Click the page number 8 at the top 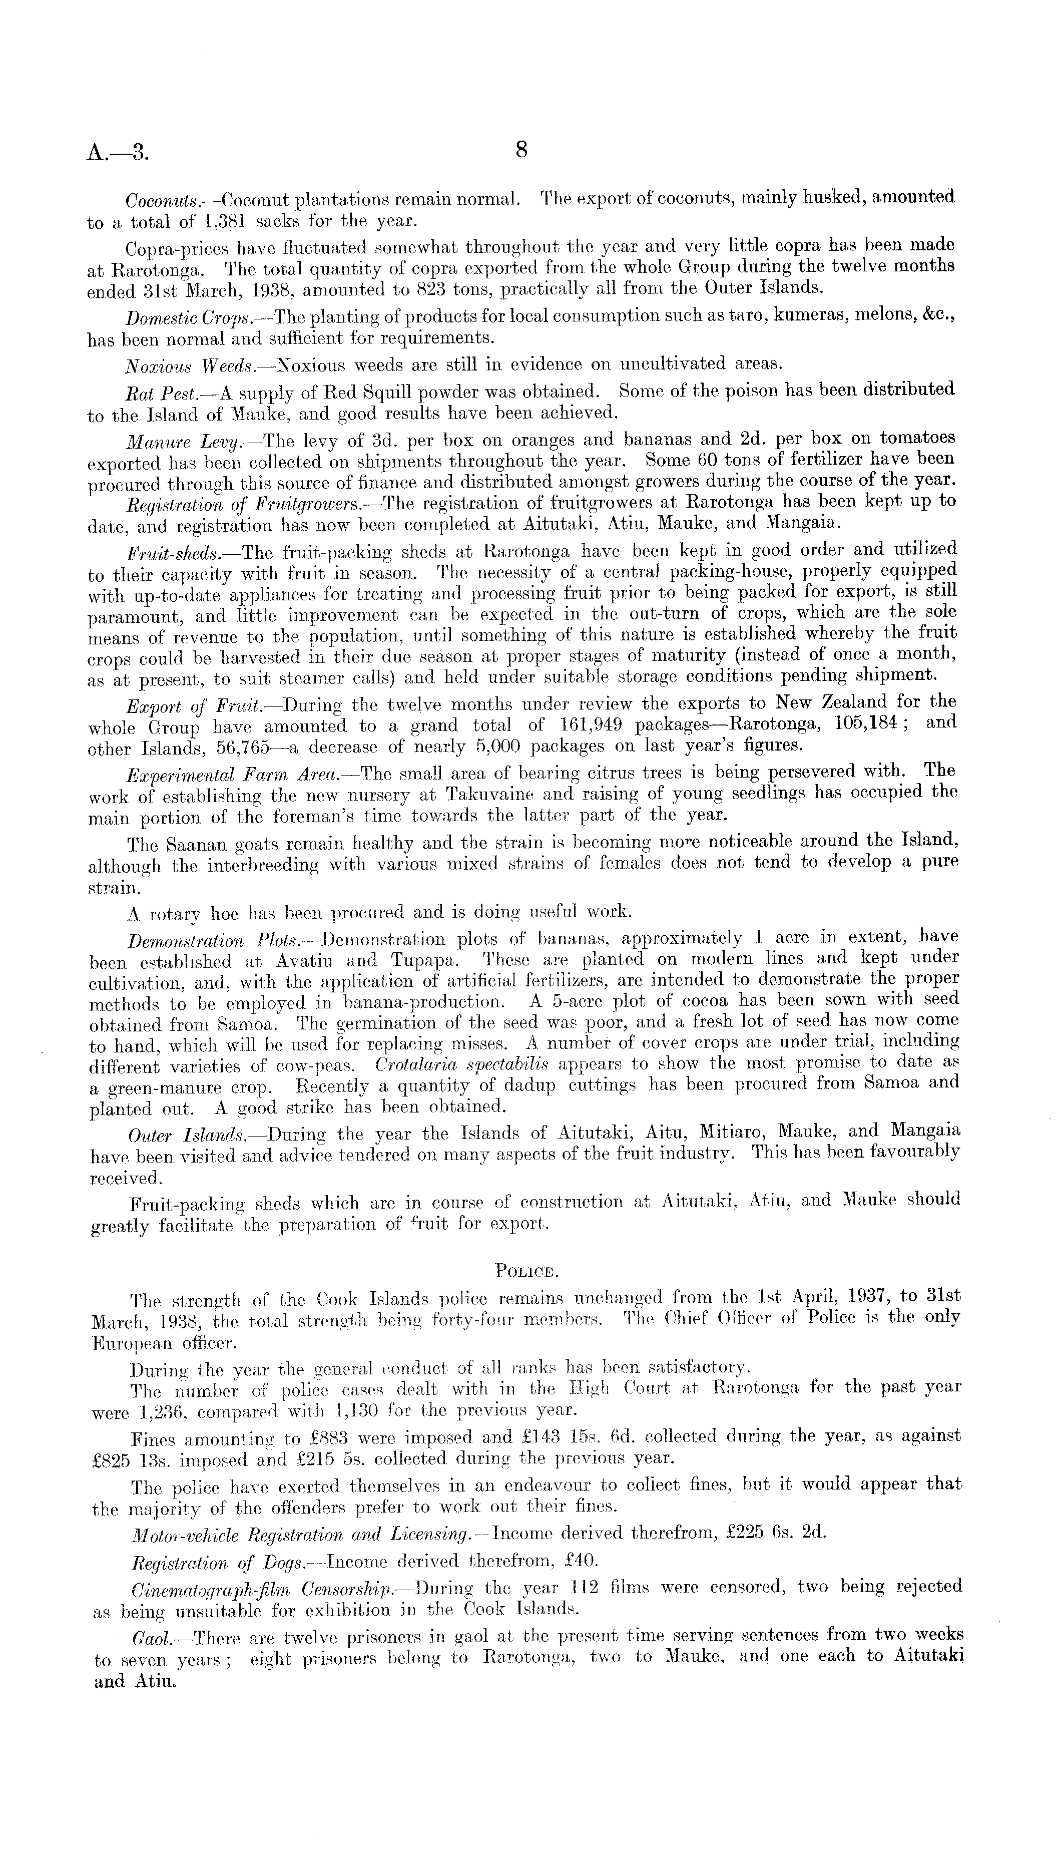point(521,150)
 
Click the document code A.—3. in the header point(119,153)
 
